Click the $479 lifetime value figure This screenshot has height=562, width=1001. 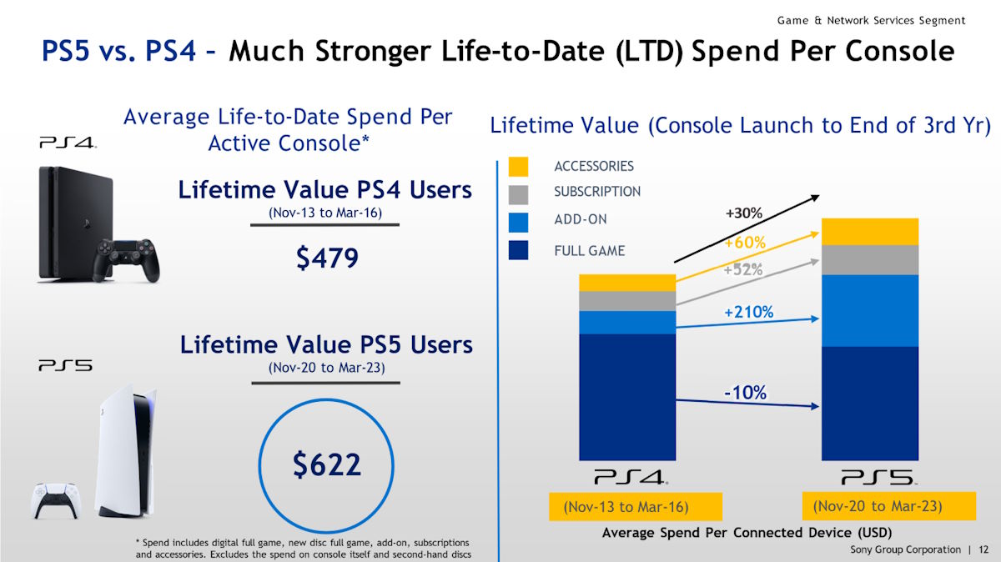(327, 258)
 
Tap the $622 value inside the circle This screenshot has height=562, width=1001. (327, 464)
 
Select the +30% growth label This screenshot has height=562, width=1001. (744, 213)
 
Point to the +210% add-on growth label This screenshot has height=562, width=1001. (748, 313)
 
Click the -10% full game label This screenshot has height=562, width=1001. (744, 393)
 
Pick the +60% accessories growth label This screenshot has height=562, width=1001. (744, 243)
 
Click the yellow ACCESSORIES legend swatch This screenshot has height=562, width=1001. (518, 167)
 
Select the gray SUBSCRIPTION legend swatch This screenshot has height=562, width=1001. (518, 193)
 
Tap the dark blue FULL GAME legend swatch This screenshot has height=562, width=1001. (518, 250)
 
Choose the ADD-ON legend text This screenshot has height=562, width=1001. (581, 220)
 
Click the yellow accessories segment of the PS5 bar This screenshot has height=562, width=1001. (870, 231)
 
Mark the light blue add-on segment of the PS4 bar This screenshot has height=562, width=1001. (627, 323)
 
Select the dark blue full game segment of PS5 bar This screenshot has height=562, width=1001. (870, 403)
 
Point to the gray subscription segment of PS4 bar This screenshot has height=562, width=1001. (627, 301)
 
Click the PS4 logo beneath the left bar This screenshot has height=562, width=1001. (631, 478)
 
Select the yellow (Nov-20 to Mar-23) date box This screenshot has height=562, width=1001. (877, 506)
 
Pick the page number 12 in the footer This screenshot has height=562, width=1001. (983, 549)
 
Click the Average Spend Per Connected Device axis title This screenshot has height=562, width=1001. (747, 533)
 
